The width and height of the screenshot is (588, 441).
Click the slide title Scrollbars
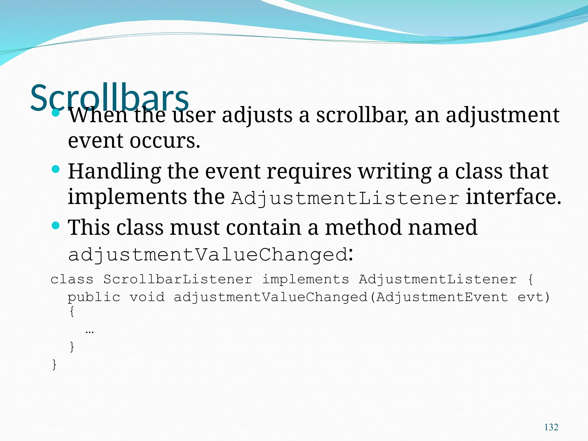pyautogui.click(x=109, y=98)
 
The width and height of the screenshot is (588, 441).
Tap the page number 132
pyautogui.click(x=551, y=427)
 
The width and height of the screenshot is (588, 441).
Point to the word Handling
pyautogui.click(x=114, y=172)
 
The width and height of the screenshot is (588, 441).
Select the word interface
pyautogui.click(x=513, y=197)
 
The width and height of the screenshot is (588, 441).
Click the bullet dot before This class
pyautogui.click(x=56, y=225)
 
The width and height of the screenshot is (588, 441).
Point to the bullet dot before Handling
pyautogui.click(x=56, y=169)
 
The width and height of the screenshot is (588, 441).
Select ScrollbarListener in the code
pyautogui.click(x=178, y=279)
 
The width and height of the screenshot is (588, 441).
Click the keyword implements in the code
pyautogui.click(x=305, y=279)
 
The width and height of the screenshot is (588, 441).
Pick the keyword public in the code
pyautogui.click(x=94, y=297)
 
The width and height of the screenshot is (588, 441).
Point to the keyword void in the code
pyautogui.click(x=147, y=297)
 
